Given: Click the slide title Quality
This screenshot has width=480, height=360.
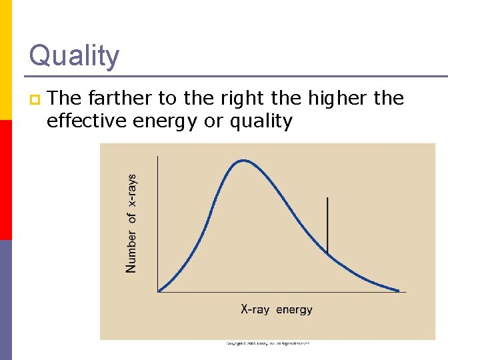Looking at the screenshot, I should (74, 55).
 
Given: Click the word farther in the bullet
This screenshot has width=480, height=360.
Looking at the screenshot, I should (122, 99).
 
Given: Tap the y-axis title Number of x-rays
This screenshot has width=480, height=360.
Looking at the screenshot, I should (131, 223).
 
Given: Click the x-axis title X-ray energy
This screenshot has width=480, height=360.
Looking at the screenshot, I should (276, 309).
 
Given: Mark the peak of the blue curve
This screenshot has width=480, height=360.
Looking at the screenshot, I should (243, 160).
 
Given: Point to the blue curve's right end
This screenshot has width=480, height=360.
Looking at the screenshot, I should (399, 291).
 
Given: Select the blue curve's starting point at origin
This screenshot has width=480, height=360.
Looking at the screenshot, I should (159, 291).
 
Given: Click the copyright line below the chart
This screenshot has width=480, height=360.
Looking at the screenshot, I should (267, 344).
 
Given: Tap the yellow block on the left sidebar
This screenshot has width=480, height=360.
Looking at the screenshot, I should (5, 60).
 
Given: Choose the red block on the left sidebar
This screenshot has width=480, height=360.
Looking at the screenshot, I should (5, 180).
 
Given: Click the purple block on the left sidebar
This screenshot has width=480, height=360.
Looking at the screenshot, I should (5, 300).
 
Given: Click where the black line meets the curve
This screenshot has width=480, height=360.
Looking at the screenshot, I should (327, 252).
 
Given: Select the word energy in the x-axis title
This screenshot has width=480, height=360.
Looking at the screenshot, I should (294, 310).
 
